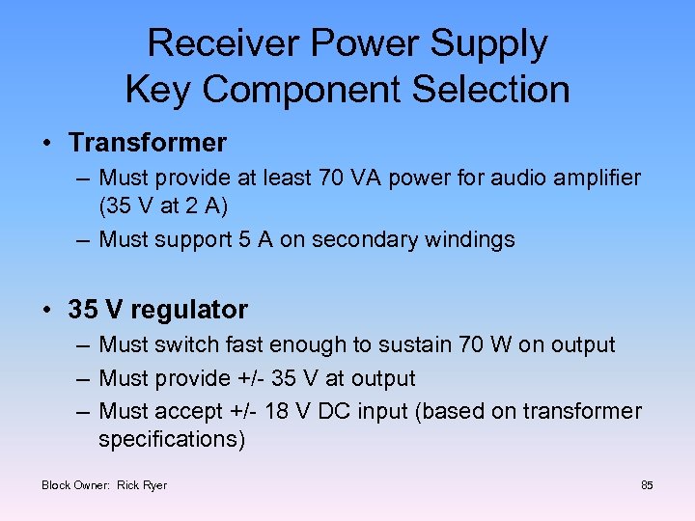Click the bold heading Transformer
tap(148, 143)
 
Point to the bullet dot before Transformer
tap(46, 144)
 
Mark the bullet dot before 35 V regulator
tap(46, 311)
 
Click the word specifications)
tap(173, 440)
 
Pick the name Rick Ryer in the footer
tap(142, 484)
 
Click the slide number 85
tap(647, 484)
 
